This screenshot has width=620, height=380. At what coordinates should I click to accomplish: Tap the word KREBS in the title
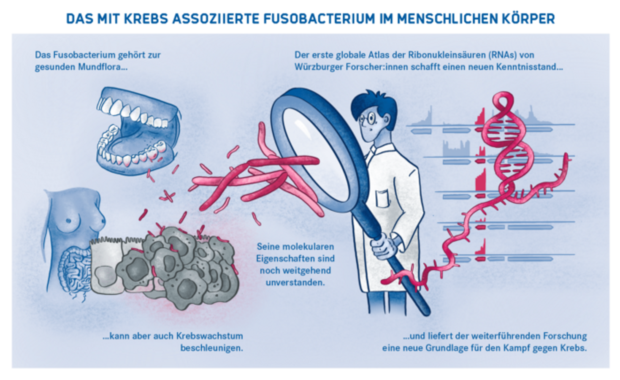click(x=146, y=19)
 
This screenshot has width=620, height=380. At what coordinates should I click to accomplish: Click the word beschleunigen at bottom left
click(x=211, y=348)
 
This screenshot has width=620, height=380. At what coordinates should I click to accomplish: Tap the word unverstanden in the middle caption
click(x=295, y=282)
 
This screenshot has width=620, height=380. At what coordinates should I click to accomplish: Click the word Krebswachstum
click(x=209, y=336)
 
